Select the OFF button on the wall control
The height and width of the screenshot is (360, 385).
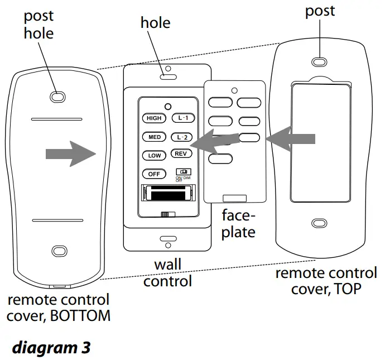tap(153, 174)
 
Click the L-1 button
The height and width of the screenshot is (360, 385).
tap(180, 118)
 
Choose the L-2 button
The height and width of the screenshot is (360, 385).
tap(180, 137)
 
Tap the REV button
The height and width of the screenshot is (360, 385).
tap(180, 154)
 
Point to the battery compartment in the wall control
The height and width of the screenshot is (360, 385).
tap(167, 194)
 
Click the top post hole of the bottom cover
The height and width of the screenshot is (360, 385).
tap(57, 97)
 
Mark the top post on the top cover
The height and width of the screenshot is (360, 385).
tap(319, 61)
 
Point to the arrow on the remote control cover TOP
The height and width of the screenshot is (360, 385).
tap(293, 138)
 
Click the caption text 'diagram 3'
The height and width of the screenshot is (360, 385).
tap(51, 347)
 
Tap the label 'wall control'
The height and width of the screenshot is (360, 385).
tap(167, 272)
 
